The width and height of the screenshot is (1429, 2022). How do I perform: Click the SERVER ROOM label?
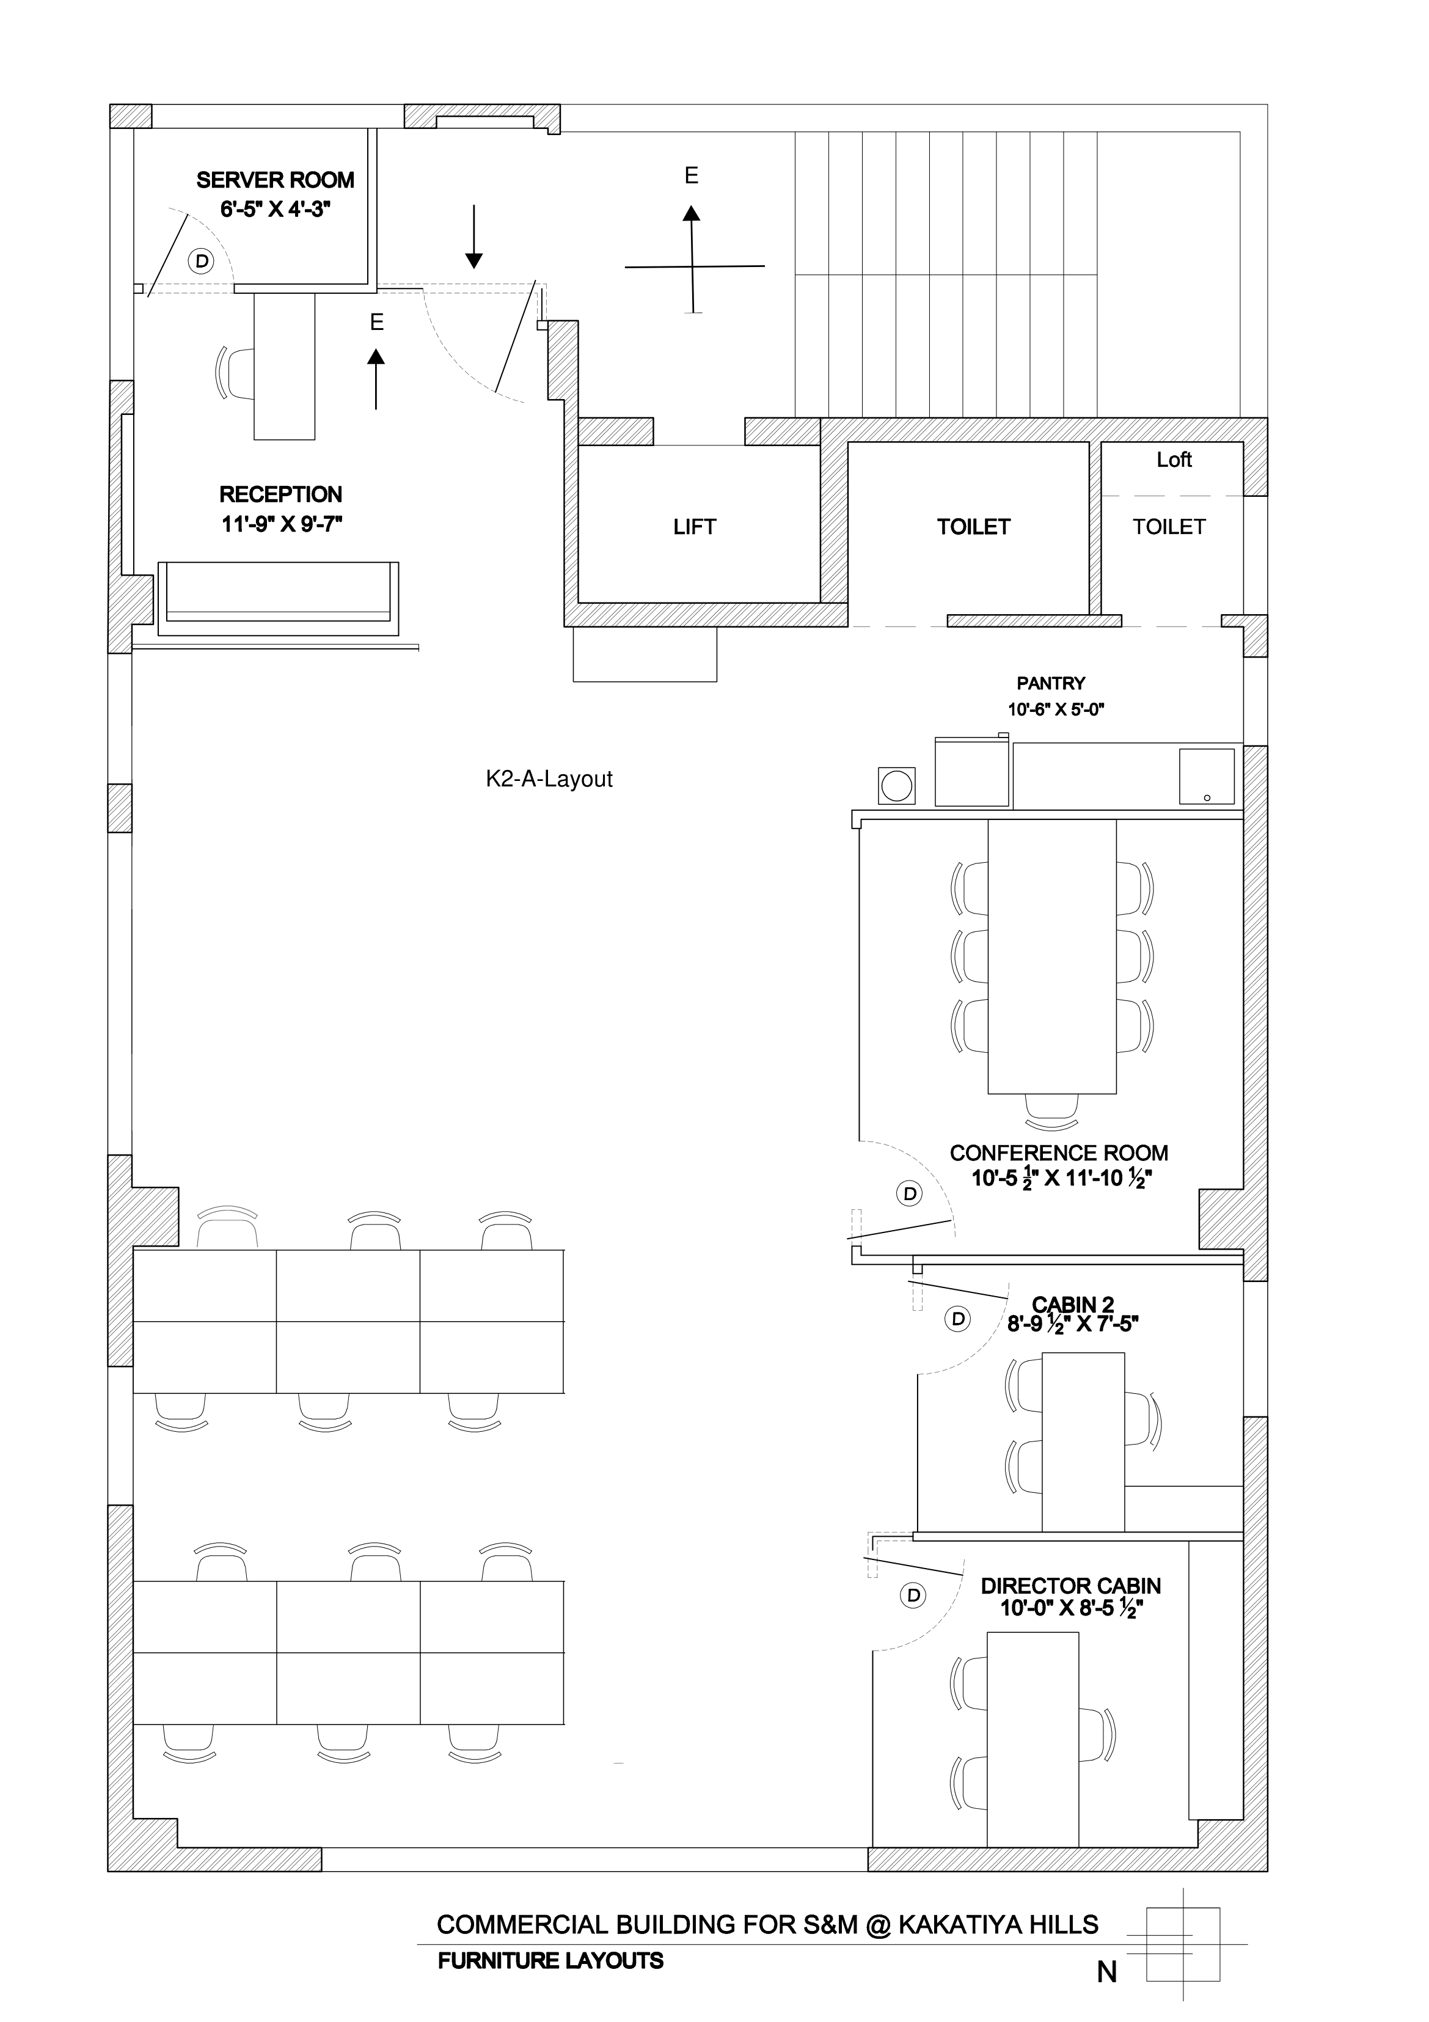[x=276, y=180]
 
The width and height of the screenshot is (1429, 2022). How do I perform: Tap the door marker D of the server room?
[x=202, y=261]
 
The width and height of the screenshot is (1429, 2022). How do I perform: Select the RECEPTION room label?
[x=281, y=494]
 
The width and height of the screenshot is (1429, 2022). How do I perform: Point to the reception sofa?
[x=278, y=599]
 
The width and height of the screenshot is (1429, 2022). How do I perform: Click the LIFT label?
[x=695, y=527]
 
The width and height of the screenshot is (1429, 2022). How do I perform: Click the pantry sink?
[x=1206, y=776]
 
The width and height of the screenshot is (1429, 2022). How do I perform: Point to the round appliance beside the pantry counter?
[x=896, y=785]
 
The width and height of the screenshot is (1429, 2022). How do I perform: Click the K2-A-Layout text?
[x=549, y=778]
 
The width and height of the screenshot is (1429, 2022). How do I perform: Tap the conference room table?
[x=1052, y=956]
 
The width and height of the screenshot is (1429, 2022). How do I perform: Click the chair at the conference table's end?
[x=1052, y=1112]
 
